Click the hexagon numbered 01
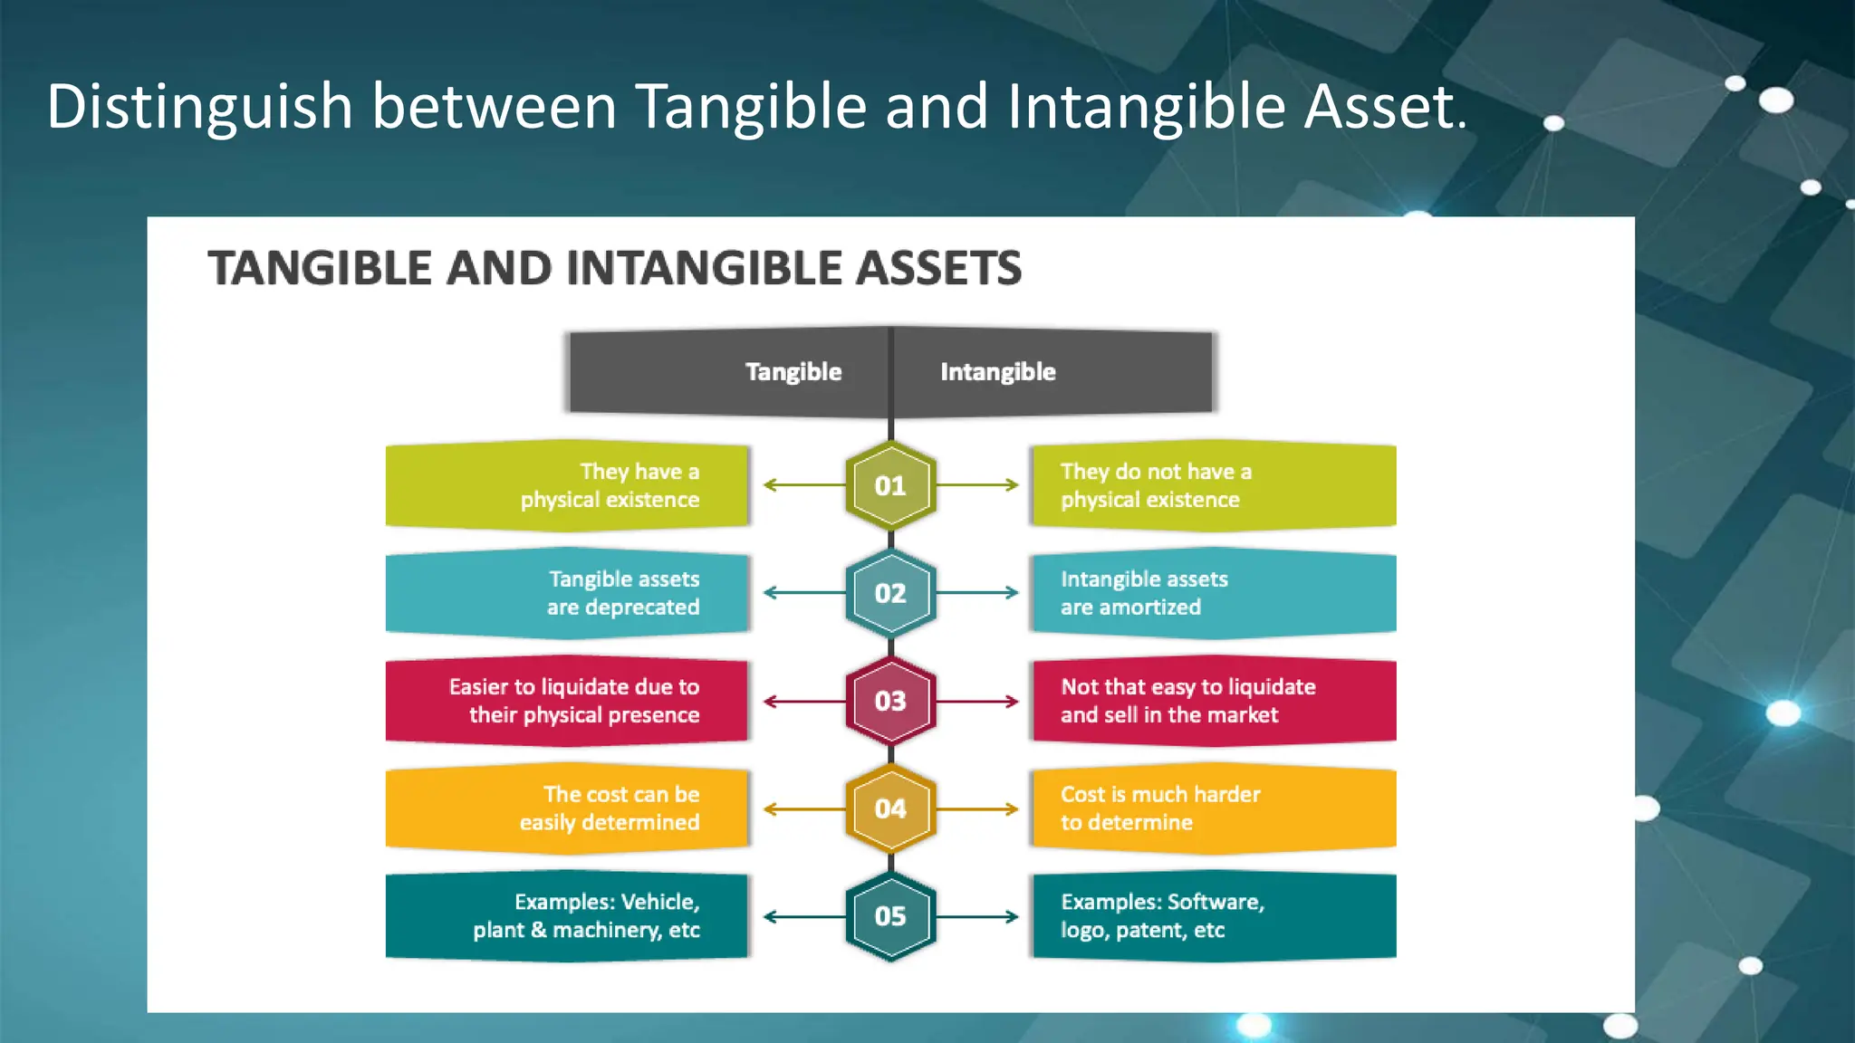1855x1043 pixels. (x=890, y=486)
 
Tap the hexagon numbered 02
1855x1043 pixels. (x=890, y=593)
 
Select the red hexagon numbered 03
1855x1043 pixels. (x=890, y=701)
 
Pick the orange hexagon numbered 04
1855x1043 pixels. (x=890, y=809)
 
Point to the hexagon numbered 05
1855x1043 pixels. (x=890, y=916)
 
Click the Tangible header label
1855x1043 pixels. (x=793, y=372)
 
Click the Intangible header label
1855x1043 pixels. (x=997, y=372)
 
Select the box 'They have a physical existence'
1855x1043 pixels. (x=567, y=486)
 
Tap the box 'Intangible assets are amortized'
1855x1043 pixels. (x=1214, y=593)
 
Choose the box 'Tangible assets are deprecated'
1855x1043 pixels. (x=567, y=593)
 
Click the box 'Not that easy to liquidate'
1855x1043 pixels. (x=1214, y=701)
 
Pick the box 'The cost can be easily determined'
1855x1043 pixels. (x=567, y=809)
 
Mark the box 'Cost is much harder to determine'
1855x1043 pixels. (x=1214, y=809)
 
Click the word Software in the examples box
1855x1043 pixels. (x=1213, y=902)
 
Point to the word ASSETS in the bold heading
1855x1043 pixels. (x=938, y=269)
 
